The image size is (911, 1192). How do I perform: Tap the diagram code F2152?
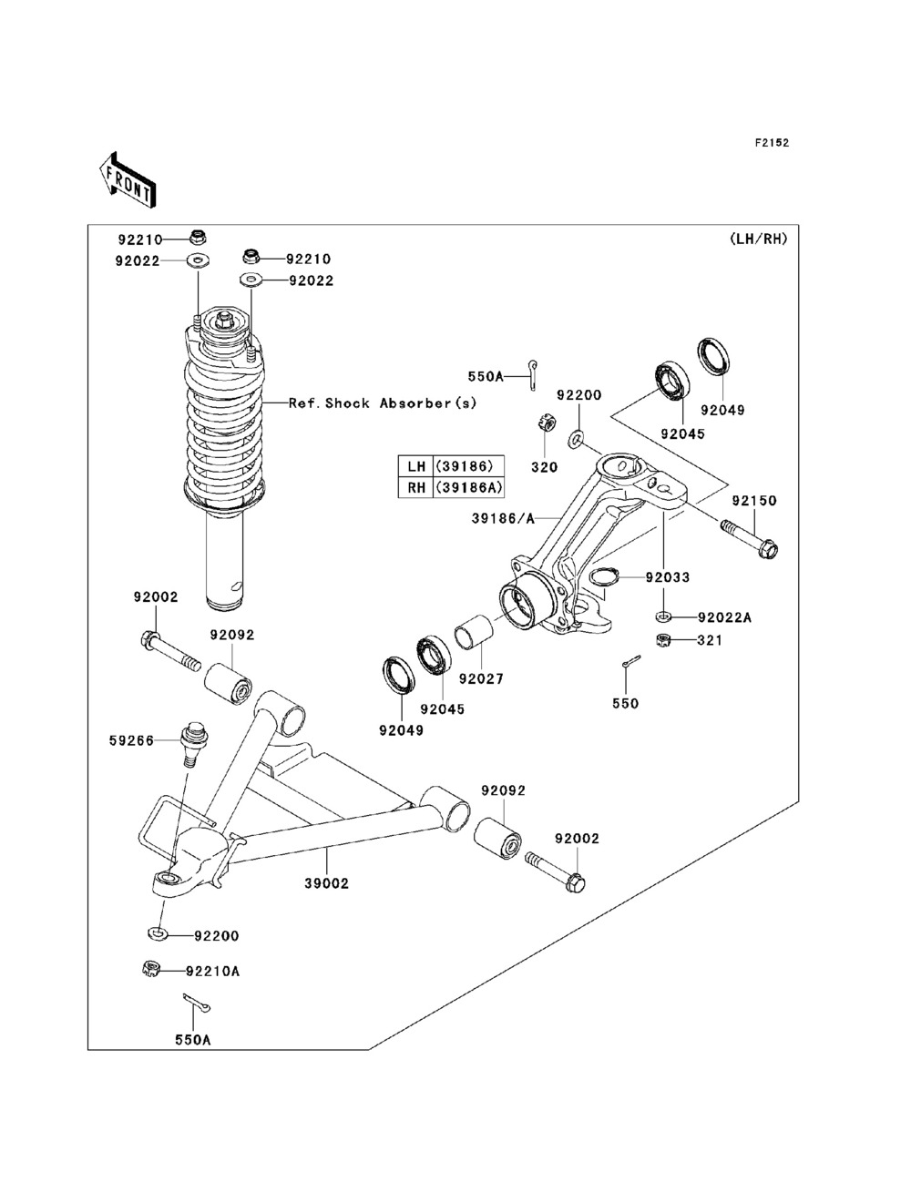pos(771,143)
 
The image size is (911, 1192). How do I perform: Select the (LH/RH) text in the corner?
pos(758,239)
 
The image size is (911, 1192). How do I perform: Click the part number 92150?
pos(753,501)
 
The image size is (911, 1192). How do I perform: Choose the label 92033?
pos(668,577)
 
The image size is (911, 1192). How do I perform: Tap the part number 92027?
pos(481,679)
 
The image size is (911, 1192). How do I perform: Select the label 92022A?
pos(724,617)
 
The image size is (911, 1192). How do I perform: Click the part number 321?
pos(710,640)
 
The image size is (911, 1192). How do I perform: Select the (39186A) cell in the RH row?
pos(469,487)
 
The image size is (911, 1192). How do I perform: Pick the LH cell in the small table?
pos(416,465)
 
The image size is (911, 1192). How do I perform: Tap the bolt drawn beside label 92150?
pos(750,538)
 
